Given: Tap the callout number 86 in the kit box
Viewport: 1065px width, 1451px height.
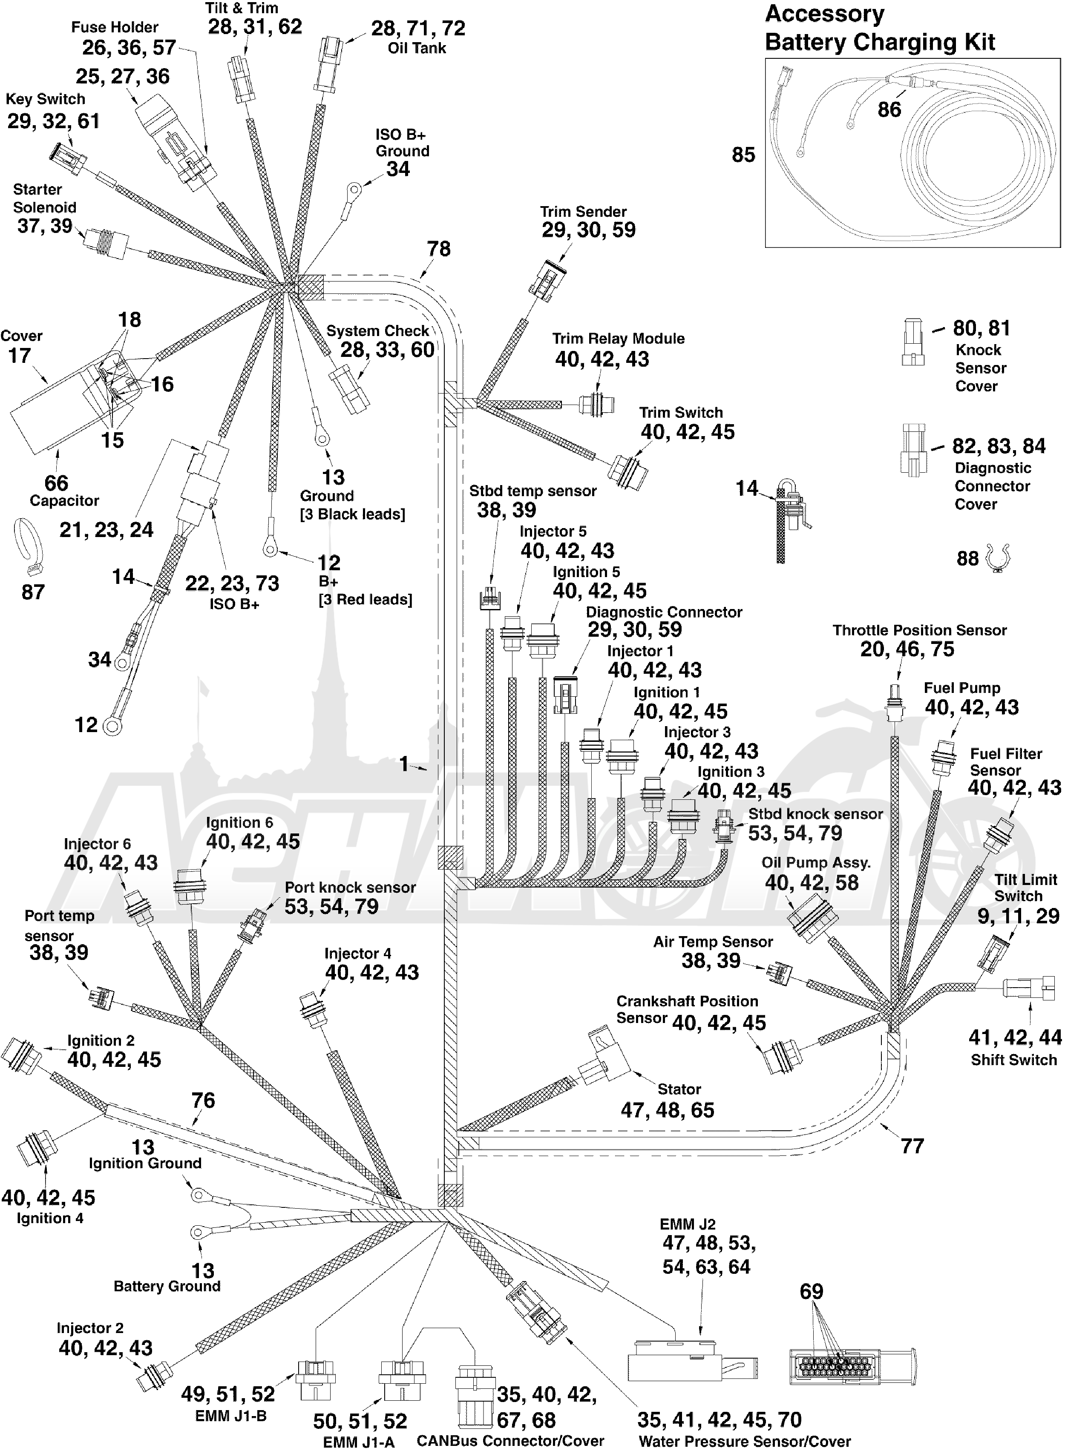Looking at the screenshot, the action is pyautogui.click(x=889, y=109).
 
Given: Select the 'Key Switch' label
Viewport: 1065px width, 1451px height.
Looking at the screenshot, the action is pyautogui.click(x=46, y=99).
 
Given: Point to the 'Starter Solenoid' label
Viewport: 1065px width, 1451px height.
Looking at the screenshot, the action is pyautogui.click(x=44, y=198).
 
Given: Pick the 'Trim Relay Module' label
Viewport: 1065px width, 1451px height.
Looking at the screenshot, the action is pyautogui.click(x=618, y=339).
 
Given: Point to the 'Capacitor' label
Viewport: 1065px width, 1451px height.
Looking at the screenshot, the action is pyautogui.click(x=64, y=501).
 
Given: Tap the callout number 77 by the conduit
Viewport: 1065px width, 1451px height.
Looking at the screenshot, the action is pyautogui.click(x=912, y=1146).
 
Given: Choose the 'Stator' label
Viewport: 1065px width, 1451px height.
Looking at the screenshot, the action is pyautogui.click(x=679, y=1089).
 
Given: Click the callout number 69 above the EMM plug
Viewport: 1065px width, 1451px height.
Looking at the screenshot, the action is pyautogui.click(x=811, y=1291).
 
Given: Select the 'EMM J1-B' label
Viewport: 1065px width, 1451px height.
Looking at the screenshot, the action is pyautogui.click(x=231, y=1416).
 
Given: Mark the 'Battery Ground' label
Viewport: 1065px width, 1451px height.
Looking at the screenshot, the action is pyautogui.click(x=167, y=1286).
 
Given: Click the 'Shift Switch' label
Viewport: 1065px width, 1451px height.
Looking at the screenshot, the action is pyautogui.click(x=1013, y=1060).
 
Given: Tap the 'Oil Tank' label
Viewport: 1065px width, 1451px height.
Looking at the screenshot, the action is pyautogui.click(x=417, y=48).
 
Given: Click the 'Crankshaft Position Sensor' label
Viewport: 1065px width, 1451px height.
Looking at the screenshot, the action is pyautogui.click(x=687, y=1010).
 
